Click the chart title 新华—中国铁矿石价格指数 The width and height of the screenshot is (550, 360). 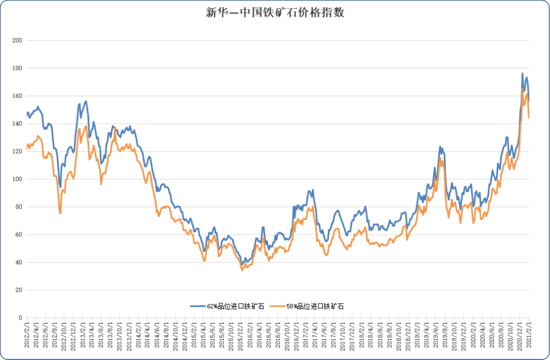pos(274,13)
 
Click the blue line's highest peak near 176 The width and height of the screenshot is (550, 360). pos(522,73)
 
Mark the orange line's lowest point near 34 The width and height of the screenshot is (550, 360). pos(242,270)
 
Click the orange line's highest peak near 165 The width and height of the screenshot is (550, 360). pos(522,88)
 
